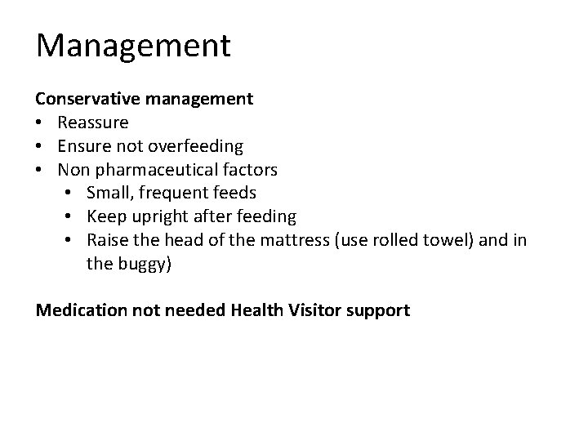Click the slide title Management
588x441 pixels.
point(133,46)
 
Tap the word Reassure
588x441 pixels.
point(92,122)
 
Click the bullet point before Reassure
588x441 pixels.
point(40,123)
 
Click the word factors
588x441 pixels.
point(249,170)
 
